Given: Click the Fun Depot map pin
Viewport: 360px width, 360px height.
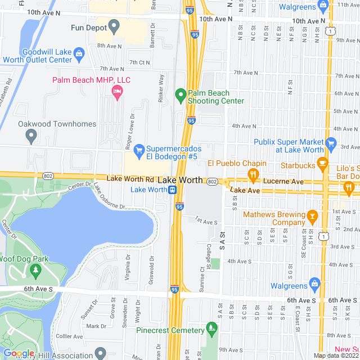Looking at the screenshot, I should [x=114, y=25].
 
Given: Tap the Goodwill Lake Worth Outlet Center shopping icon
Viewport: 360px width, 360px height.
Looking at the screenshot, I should [x=79, y=53].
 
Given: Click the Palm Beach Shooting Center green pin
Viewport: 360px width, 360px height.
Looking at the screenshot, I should [x=181, y=94].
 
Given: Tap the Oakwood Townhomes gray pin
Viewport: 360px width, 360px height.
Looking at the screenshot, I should [x=31, y=135].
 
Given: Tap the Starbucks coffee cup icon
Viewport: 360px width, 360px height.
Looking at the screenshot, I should [x=322, y=163].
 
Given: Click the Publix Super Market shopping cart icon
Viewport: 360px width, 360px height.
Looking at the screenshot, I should [x=331, y=143].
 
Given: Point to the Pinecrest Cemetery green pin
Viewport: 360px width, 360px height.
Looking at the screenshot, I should [x=211, y=327].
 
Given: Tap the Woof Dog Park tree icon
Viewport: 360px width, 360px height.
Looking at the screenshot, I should [x=36, y=271].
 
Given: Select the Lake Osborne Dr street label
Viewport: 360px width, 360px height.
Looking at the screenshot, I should [x=110, y=197].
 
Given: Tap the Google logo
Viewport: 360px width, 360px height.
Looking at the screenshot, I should [x=19, y=353].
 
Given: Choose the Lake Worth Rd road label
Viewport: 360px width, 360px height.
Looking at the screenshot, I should [x=130, y=178].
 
